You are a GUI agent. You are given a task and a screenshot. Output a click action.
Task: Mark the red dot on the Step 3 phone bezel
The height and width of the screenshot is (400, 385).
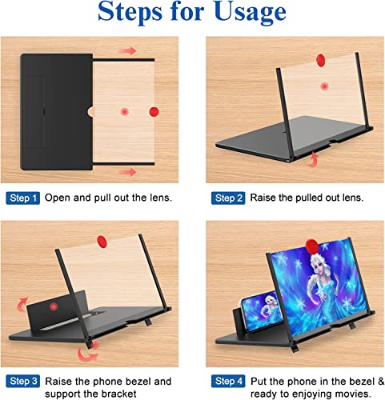coord(53,306)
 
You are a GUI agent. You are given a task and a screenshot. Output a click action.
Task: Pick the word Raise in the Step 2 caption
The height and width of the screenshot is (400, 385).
coord(264,197)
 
